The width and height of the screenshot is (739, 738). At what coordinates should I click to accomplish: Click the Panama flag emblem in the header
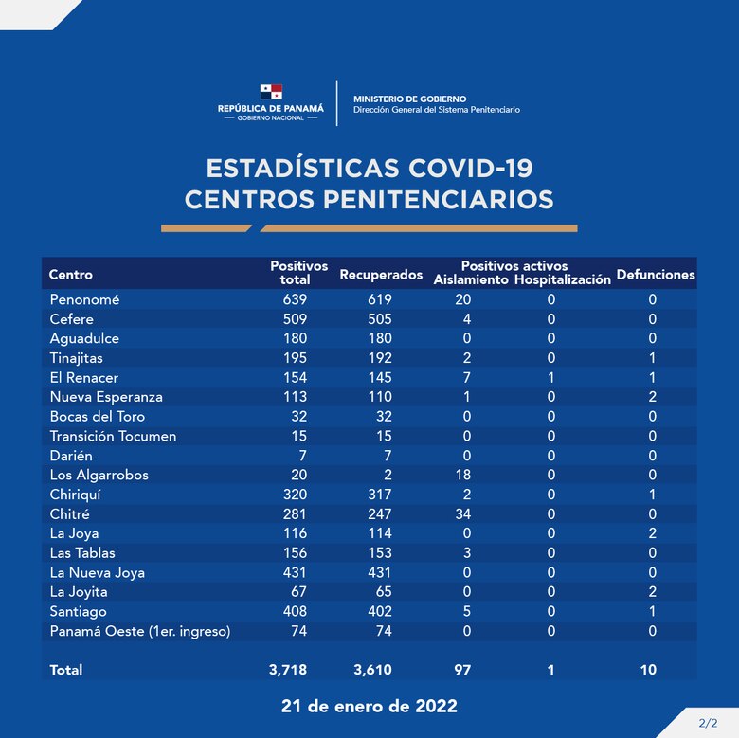(272, 92)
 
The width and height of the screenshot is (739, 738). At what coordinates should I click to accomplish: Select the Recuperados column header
(380, 275)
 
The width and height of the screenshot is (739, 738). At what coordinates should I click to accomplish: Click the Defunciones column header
(655, 275)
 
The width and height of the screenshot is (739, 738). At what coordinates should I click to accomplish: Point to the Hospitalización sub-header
(563, 280)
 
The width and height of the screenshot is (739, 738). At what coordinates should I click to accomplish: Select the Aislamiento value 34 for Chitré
(462, 513)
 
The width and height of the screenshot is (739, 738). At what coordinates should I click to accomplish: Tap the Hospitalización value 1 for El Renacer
(550, 377)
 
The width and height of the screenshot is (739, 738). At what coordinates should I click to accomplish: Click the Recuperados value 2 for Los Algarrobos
(388, 475)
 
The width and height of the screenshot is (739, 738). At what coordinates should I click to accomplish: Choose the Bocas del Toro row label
(99, 416)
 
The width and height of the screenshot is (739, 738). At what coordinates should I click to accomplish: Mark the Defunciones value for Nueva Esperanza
(652, 397)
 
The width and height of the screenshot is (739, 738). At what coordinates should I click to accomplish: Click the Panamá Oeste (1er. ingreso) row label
(140, 631)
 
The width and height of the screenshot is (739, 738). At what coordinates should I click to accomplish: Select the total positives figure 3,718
(288, 670)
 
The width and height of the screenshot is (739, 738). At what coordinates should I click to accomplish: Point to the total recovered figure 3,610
(371, 670)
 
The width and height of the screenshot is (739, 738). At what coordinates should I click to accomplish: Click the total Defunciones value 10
(647, 670)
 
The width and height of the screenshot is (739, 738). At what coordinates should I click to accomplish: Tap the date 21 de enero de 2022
(369, 707)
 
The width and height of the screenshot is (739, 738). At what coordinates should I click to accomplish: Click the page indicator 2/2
(707, 723)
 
